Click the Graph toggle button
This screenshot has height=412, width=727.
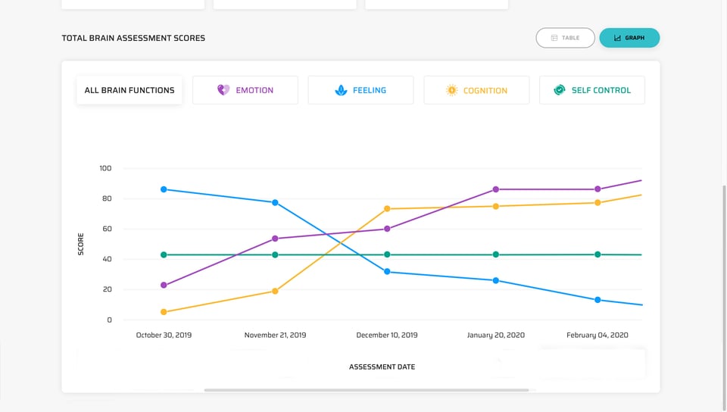pos(629,38)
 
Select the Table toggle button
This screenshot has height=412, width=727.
pos(565,38)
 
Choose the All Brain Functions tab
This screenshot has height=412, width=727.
pos(129,90)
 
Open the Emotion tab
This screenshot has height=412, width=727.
pos(245,90)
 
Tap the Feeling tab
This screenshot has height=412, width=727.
pos(360,90)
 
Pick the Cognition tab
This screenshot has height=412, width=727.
pos(476,90)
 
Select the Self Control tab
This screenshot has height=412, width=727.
pos(592,90)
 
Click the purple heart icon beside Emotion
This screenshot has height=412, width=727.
pos(223,90)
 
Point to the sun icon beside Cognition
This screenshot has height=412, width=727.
pos(451,90)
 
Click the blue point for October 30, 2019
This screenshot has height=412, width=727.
pos(164,189)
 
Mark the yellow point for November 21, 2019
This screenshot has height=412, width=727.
pos(275,291)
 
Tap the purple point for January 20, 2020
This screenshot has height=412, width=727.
pos(496,189)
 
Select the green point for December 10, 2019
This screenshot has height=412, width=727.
pos(387,254)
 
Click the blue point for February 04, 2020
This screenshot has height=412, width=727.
pos(598,300)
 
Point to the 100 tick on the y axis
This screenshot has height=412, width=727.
pos(105,168)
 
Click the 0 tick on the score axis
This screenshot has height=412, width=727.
pos(108,320)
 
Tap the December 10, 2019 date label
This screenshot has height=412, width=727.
pos(387,335)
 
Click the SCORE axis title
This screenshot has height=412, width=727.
pos(81,244)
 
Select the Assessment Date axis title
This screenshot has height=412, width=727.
pos(382,367)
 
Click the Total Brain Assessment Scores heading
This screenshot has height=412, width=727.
pos(133,38)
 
